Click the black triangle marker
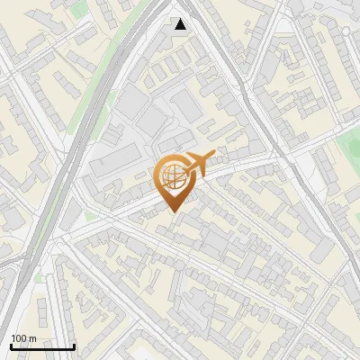click(181, 24)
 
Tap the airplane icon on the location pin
click(198, 162)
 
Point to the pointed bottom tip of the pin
click(172, 211)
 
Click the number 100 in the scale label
click(18, 338)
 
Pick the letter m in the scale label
click(32, 339)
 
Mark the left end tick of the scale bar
click(11, 346)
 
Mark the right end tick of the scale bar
click(74, 346)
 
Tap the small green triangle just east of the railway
click(89, 216)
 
